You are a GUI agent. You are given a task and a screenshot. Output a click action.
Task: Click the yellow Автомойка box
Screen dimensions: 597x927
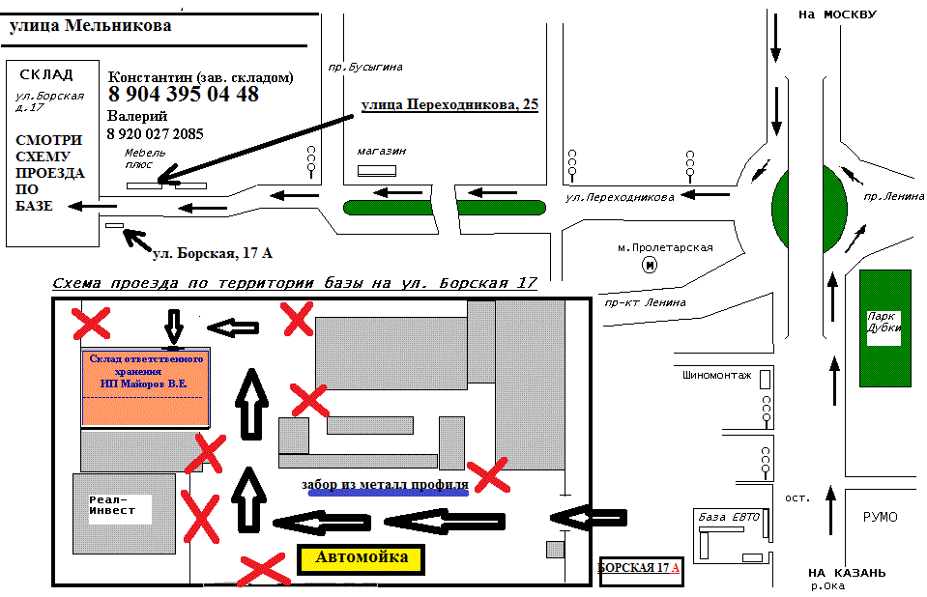(362, 558)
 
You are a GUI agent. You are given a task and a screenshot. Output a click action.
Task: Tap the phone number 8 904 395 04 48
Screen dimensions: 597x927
(184, 95)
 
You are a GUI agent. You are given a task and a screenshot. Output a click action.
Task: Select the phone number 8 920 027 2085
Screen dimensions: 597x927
(156, 134)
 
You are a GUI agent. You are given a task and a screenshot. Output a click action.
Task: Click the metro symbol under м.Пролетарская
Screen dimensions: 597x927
(650, 264)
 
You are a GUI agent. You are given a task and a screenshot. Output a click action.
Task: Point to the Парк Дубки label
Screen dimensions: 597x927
(884, 322)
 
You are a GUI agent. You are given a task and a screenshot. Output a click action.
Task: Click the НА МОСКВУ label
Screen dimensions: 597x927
(836, 14)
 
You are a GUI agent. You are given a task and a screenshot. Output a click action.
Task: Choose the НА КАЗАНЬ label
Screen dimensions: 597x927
(847, 572)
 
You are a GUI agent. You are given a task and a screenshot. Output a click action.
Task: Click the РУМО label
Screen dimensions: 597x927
(880, 518)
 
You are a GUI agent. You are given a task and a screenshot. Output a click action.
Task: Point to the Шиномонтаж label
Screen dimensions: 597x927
(716, 375)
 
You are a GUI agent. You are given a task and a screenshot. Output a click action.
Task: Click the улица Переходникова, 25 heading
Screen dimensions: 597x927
(449, 104)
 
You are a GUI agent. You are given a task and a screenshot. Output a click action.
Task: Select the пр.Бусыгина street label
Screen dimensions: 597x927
(364, 68)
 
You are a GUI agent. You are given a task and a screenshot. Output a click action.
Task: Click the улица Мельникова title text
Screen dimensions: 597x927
(90, 26)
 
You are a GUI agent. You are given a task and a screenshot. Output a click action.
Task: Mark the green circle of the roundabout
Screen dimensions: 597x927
(809, 206)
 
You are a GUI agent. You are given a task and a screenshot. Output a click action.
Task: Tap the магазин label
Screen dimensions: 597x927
(381, 152)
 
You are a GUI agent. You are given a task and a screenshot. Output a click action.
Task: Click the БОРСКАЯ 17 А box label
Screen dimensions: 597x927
(639, 567)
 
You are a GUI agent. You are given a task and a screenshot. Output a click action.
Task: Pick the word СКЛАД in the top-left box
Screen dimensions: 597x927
(45, 75)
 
